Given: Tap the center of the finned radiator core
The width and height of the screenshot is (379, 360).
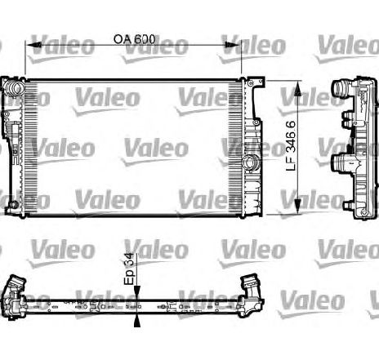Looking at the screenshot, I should (135, 147).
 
